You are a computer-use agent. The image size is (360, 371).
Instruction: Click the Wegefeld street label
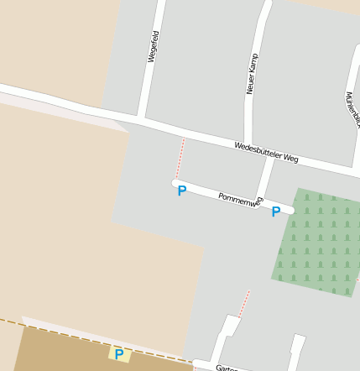pos(154,46)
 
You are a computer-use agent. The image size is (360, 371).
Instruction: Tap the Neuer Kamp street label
pos(251,73)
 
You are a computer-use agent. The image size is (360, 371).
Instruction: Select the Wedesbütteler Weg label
pos(267,152)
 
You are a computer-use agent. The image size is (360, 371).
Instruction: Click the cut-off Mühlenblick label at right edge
pos(352,110)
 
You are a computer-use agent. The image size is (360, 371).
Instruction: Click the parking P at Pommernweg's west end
pos(181,192)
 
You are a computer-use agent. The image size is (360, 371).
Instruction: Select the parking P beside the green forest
pos(275,212)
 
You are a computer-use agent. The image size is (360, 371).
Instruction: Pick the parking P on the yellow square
pos(119,354)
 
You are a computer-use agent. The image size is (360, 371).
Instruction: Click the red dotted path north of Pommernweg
pos(180,157)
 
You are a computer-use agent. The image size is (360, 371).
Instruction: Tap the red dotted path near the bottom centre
pos(244,303)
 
